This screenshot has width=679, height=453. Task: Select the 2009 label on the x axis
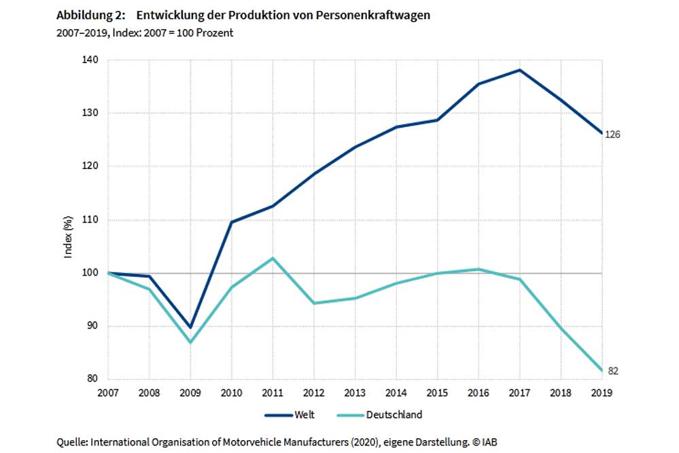pos(190,393)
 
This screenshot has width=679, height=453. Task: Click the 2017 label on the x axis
pos(520,393)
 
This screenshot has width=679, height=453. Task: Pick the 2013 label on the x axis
pos(355,393)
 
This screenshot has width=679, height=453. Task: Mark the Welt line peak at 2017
pos(520,70)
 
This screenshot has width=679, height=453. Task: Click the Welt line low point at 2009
pos(190,327)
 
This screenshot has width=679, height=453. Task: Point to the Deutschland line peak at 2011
pos(273,258)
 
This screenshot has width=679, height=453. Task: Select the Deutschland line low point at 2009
pos(190,342)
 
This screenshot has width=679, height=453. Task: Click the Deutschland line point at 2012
pos(314,303)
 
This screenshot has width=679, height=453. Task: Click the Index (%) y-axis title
pos(68,238)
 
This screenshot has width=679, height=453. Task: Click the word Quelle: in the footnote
pos(73,441)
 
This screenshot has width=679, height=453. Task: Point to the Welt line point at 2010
pos(232,222)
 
